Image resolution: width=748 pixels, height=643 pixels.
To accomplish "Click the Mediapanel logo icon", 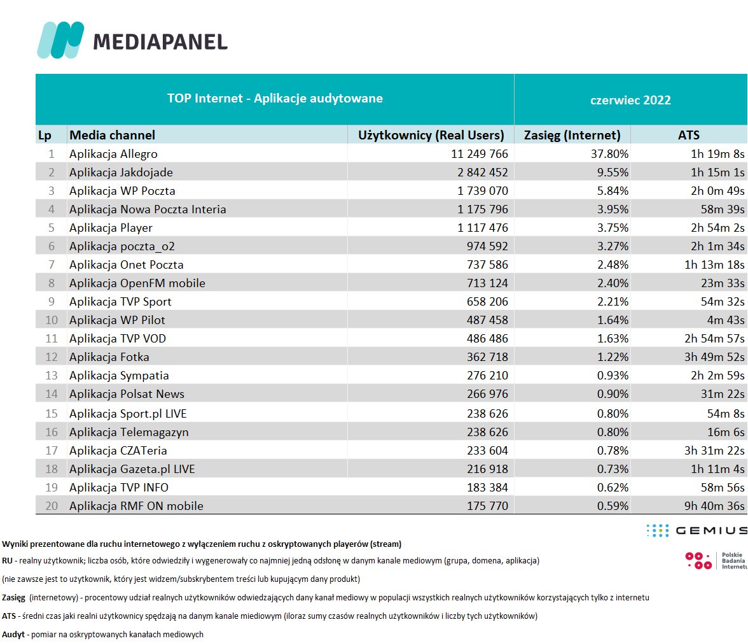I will tap(60, 40).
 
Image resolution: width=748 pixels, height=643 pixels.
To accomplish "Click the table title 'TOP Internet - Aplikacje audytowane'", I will tap(275, 99).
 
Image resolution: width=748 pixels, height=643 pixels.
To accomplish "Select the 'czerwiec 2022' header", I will tap(630, 100).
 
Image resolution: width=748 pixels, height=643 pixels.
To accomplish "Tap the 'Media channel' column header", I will tap(112, 135).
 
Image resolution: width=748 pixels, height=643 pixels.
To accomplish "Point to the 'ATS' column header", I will tap(688, 135).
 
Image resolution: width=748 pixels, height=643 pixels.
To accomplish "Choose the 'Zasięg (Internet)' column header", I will tap(572, 135).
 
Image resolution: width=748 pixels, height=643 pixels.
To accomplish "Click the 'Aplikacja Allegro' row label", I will tap(113, 154).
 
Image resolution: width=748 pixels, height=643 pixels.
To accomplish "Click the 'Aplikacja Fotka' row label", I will tap(109, 357).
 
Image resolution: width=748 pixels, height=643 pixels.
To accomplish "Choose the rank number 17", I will tap(52, 451).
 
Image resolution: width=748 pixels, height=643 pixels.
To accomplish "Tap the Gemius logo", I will tap(696, 530).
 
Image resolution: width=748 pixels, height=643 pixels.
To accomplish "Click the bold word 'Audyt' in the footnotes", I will tap(13, 635).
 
